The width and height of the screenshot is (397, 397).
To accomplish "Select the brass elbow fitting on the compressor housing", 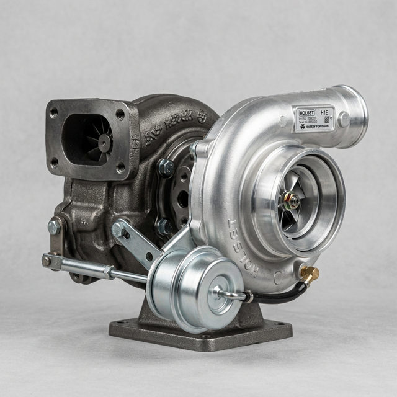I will [x=308, y=274].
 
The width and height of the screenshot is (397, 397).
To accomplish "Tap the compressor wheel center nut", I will [x=288, y=200].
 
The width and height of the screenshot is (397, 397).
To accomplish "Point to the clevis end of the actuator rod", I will [x=48, y=261].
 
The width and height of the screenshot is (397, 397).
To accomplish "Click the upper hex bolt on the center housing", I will [x=166, y=167].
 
